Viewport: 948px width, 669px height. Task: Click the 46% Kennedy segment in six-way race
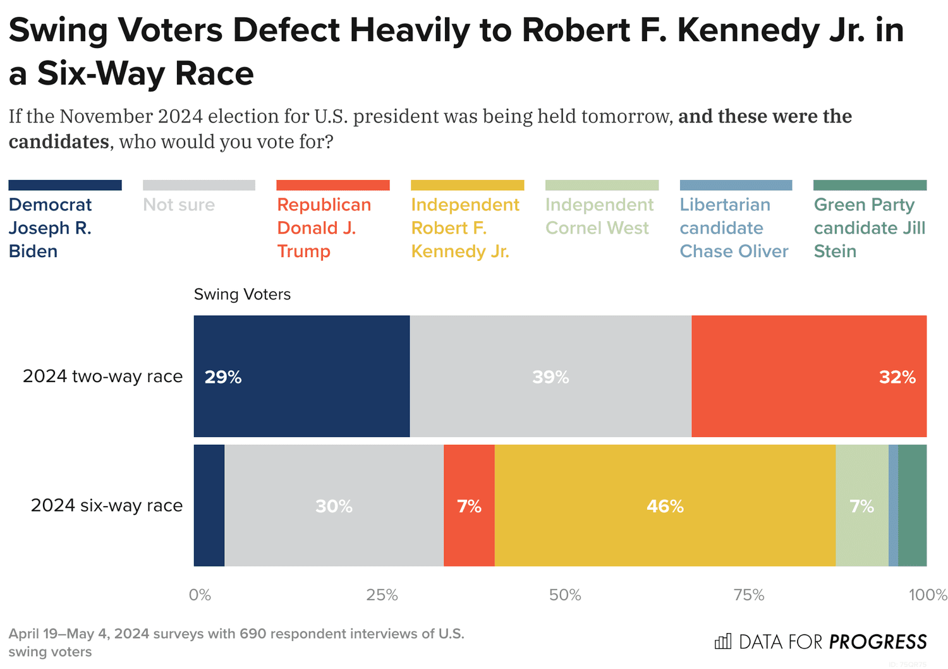click(665, 505)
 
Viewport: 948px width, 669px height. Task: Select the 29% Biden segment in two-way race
click(301, 377)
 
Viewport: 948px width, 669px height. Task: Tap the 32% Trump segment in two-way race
click(809, 377)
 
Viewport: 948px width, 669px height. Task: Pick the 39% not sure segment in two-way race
click(550, 377)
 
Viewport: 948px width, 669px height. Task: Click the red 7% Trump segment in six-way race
click(469, 505)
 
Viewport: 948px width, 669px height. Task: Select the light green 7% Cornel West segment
click(861, 505)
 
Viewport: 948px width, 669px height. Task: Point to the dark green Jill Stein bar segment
click(912, 505)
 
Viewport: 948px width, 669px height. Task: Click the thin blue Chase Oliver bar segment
click(893, 505)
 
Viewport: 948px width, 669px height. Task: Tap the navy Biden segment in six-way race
click(209, 505)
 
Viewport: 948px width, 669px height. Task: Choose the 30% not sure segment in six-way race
click(334, 505)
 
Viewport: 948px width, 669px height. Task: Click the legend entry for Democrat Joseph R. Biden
click(51, 227)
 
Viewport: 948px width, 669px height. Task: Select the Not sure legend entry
click(179, 205)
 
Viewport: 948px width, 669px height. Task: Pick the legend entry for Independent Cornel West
click(599, 216)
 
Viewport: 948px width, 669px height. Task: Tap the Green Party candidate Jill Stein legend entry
click(869, 227)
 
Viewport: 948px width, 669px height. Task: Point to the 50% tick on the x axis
click(565, 595)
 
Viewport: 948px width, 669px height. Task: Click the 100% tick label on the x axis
click(928, 595)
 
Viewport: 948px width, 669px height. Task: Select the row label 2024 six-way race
click(107, 505)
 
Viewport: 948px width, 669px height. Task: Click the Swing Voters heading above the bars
click(242, 294)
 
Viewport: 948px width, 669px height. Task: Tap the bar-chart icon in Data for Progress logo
click(722, 642)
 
